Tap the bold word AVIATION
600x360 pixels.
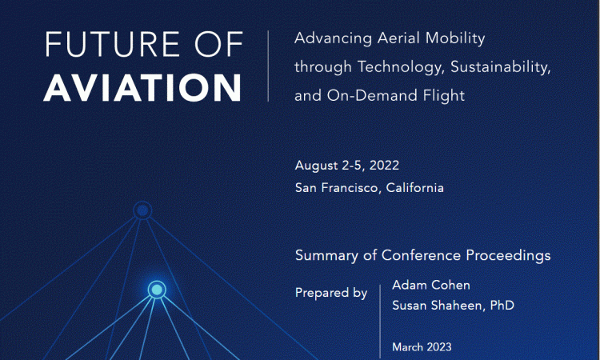click(142, 88)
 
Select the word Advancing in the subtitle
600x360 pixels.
click(334, 38)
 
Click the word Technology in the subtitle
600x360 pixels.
click(401, 67)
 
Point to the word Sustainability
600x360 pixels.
click(501, 67)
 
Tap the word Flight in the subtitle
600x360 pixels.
click(444, 96)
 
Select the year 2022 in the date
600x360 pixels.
click(384, 166)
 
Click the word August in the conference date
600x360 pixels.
click(317, 166)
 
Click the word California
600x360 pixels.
click(414, 188)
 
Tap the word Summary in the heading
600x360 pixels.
click(326, 255)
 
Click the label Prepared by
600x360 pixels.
click(331, 293)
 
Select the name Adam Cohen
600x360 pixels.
click(431, 285)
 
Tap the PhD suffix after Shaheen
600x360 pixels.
click(502, 306)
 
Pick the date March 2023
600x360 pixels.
click(422, 347)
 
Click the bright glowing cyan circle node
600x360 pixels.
click(157, 290)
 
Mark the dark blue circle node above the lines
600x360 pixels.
click(142, 210)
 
